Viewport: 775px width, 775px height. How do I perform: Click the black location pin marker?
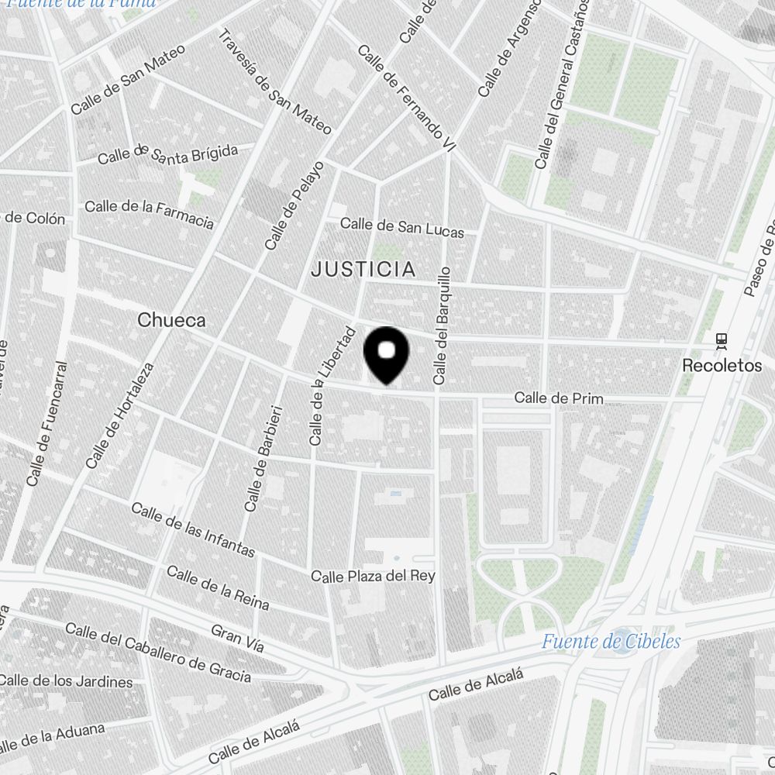386,353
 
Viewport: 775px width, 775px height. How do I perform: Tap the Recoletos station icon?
722,340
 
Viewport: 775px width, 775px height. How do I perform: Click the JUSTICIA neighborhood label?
363,270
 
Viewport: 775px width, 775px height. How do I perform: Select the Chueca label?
171,319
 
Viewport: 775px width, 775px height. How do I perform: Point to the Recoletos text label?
722,365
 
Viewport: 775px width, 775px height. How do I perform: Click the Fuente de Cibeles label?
611,642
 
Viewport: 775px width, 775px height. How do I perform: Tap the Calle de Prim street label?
558,398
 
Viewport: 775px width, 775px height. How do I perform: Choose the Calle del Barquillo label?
441,325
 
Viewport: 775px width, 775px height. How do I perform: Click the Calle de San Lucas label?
402,227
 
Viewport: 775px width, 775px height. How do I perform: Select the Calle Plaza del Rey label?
373,576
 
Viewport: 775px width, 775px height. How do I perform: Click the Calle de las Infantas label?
192,530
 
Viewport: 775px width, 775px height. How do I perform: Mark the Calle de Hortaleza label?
121,416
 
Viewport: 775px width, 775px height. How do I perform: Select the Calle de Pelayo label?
294,205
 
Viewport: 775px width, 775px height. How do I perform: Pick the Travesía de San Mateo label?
274,81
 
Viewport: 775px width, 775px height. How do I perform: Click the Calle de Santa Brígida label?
167,153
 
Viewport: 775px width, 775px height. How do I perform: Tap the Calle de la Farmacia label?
149,214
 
